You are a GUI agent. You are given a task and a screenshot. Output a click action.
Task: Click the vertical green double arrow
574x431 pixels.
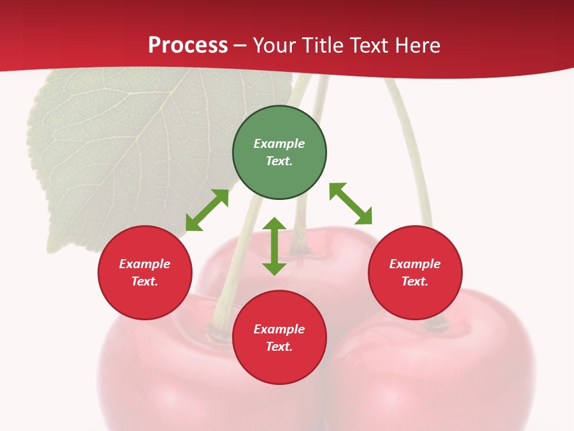pos(274,246)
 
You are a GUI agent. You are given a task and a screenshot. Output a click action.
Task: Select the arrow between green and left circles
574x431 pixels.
pos(207,210)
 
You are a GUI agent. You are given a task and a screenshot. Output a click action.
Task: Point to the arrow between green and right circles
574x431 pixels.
pos(350,204)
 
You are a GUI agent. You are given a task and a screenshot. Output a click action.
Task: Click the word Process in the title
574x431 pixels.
pos(188,45)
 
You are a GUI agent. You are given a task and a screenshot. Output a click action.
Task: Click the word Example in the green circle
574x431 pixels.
pos(279,144)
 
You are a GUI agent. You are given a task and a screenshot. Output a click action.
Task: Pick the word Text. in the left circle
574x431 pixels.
pos(145,281)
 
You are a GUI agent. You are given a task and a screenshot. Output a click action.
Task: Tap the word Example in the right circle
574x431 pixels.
pos(415,264)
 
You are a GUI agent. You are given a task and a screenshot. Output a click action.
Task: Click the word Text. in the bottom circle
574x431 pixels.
pos(279,347)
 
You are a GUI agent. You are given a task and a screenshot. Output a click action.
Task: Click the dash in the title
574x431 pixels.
pos(240,45)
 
